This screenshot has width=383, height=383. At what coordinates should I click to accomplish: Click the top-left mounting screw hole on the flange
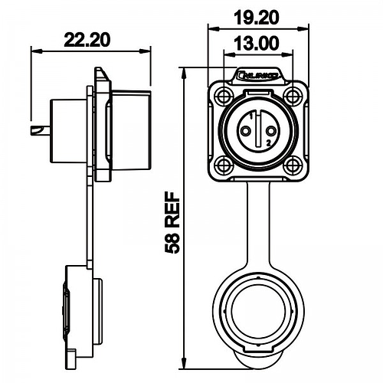click(x=222, y=96)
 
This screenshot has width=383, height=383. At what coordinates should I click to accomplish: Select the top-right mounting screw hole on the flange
click(x=291, y=96)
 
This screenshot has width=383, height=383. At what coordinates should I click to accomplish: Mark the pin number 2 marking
click(x=269, y=144)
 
